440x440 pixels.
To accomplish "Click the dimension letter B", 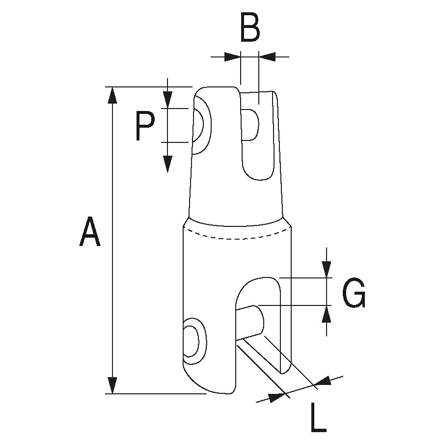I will [x=250, y=28].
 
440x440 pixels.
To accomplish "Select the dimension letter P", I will [x=145, y=126].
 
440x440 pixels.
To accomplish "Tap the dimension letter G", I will [x=354, y=294].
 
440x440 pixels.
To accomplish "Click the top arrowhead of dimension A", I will [x=113, y=95].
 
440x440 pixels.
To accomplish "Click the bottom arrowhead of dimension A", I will [x=113, y=385].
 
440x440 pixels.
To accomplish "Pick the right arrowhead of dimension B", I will [x=268, y=57].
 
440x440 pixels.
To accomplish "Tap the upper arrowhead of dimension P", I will [x=168, y=100].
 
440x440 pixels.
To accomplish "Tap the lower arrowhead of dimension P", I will [x=168, y=163].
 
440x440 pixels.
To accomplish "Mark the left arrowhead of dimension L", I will [x=277, y=396].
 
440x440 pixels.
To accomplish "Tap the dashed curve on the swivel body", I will [x=238, y=237].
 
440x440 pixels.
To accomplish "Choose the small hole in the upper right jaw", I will [x=250, y=125].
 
